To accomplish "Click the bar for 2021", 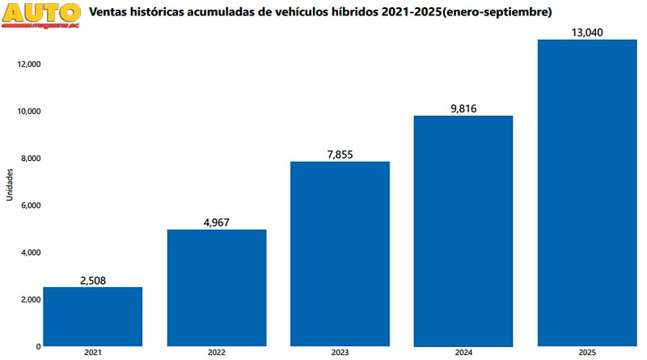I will pyautogui.click(x=92, y=316).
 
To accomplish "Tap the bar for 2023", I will pyautogui.click(x=340, y=253).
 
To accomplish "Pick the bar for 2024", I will pyautogui.click(x=463, y=231).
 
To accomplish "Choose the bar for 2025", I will pyautogui.click(x=587, y=193).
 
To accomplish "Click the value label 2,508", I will pyautogui.click(x=92, y=281).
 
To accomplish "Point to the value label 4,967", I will pyautogui.click(x=216, y=222).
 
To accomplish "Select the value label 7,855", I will pyautogui.click(x=340, y=155).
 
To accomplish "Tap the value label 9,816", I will pyautogui.click(x=463, y=108).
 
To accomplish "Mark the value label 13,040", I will pyautogui.click(x=587, y=32).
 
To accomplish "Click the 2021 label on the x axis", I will pyautogui.click(x=92, y=353).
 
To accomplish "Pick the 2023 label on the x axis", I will pyautogui.click(x=340, y=353).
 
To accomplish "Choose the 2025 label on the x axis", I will pyautogui.click(x=587, y=353).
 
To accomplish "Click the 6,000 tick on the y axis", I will pyautogui.click(x=30, y=205).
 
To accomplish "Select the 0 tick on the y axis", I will pyautogui.click(x=38, y=346).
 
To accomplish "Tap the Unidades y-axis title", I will pyautogui.click(x=9, y=184).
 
